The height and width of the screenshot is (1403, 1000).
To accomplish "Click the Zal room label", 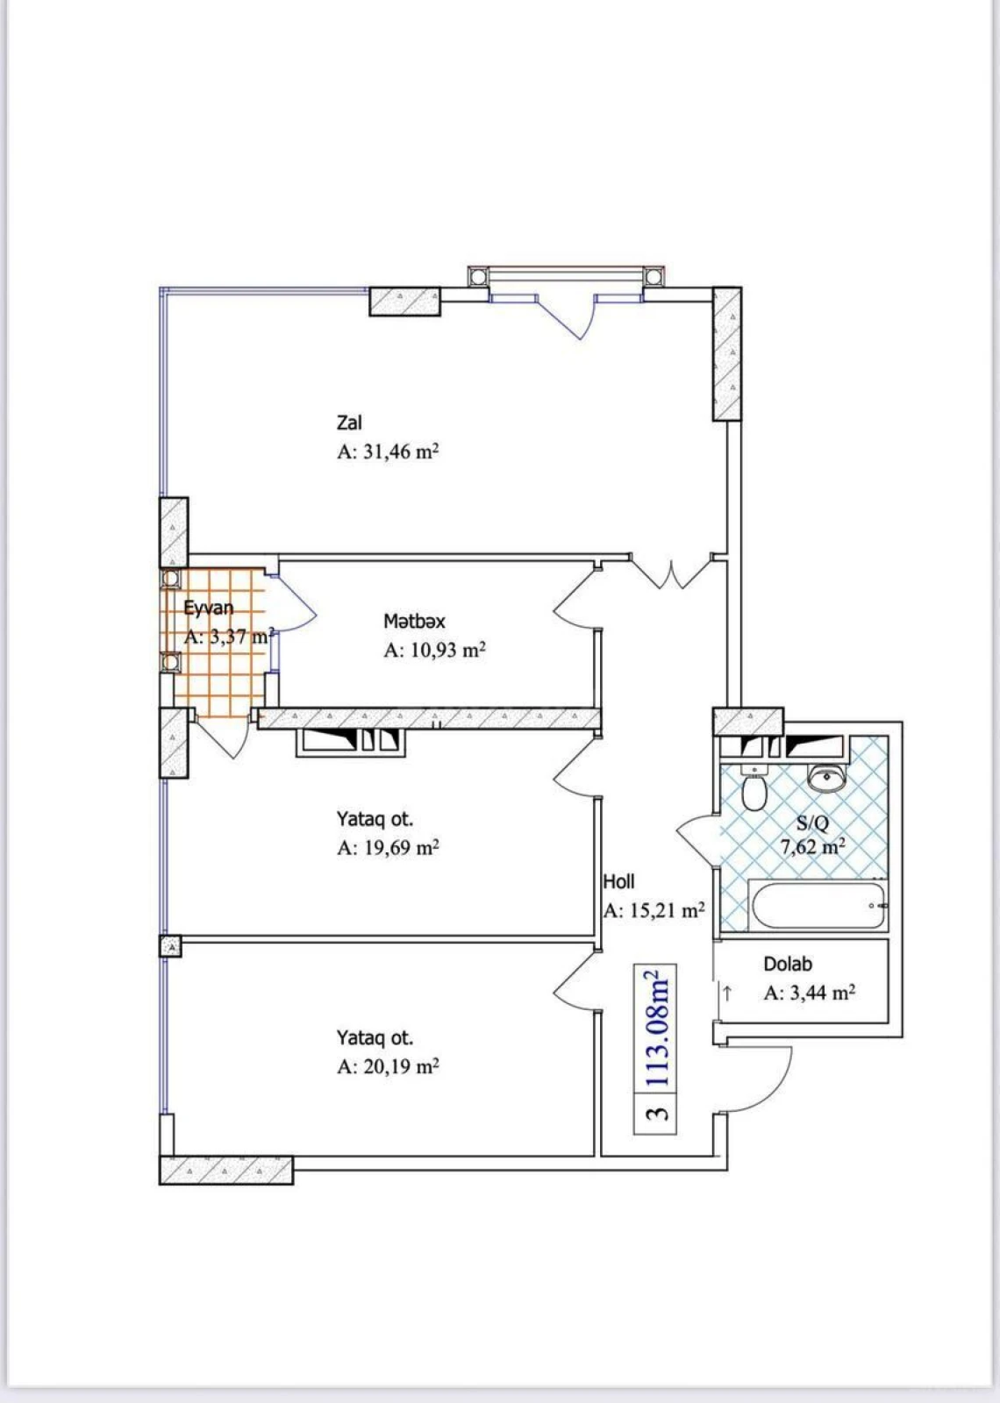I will coord(349,423).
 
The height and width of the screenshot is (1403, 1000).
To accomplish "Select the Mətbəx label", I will coord(414,621).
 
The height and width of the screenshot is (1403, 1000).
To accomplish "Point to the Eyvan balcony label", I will coord(209,608).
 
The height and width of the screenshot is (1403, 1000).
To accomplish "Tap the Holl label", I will coord(618,881).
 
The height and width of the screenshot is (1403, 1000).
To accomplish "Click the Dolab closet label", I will coord(788,964).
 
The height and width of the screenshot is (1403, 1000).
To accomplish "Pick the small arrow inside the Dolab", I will coord(727,993).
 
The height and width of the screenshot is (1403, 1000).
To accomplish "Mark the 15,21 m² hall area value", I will coord(654,911).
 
